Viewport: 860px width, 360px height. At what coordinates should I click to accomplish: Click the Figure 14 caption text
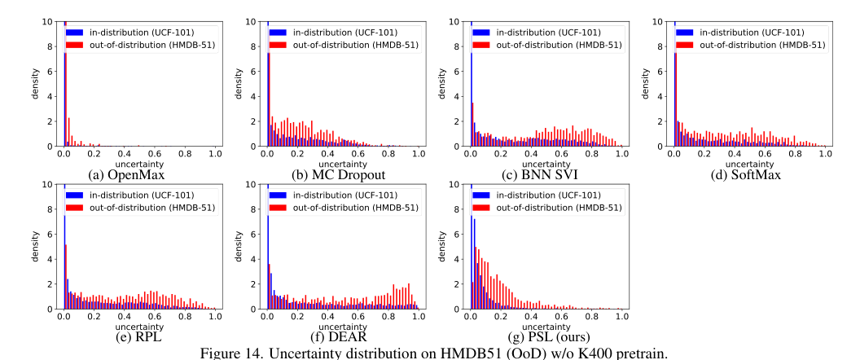coord(429,352)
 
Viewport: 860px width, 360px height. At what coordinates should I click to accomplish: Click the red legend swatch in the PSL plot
coord(480,207)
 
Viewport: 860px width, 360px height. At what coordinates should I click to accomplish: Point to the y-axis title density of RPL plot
coord(36,247)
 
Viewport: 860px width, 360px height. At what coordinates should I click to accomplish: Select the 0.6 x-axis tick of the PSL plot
coord(561,315)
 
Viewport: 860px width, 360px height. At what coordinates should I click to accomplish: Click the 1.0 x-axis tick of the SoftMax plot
coord(825,153)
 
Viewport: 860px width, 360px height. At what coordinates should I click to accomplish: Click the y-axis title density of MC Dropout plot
coord(239,84)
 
